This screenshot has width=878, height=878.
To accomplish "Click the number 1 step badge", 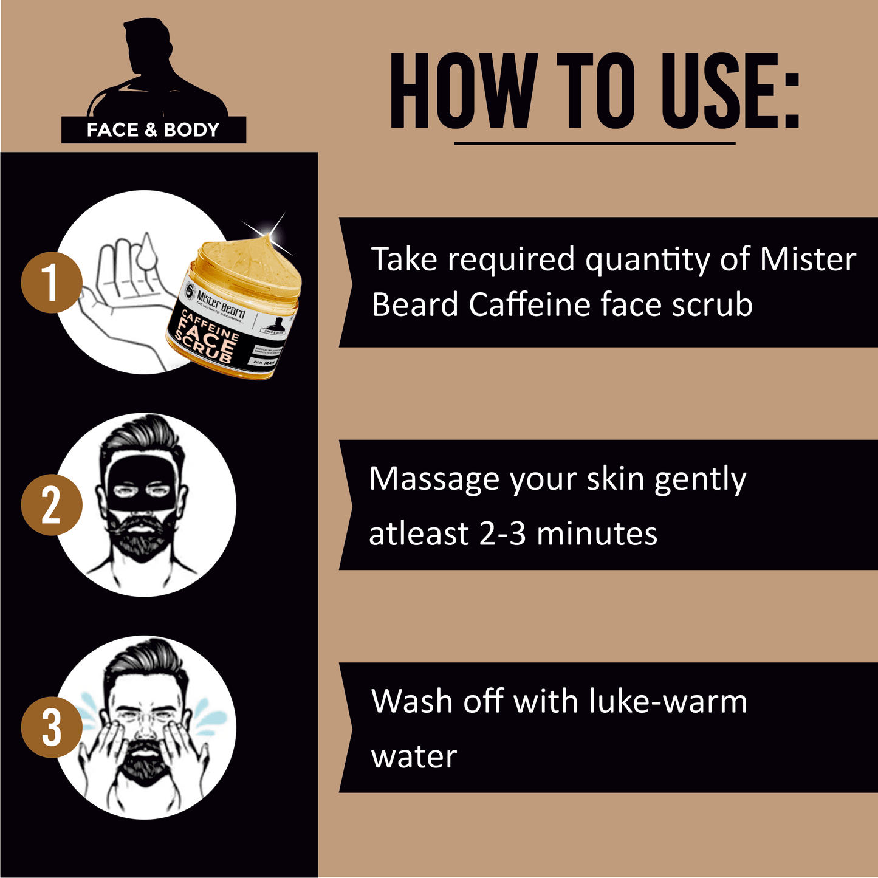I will coord(51,283).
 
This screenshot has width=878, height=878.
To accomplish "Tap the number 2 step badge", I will coord(51,505).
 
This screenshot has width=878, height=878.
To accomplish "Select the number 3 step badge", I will coord(51,727).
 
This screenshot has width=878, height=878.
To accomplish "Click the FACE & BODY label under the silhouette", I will coord(153,130).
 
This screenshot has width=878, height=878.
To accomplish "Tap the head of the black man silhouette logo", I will coord(146,46).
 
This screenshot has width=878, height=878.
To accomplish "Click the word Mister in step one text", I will coord(808,259).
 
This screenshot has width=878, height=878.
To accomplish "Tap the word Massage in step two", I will coord(434,480).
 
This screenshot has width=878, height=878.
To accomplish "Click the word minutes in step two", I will coord(597,534).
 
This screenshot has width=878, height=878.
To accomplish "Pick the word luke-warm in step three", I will coord(668,701).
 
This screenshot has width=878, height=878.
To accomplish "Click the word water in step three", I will coord(414,757).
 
